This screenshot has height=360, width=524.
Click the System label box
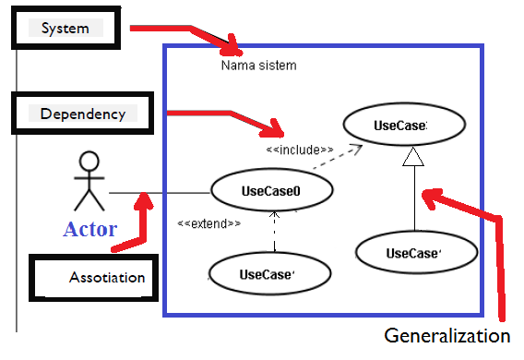click(65, 29)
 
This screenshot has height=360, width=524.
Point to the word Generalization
click(447, 335)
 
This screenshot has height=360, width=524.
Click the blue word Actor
click(89, 228)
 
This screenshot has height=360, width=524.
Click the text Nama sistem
click(258, 66)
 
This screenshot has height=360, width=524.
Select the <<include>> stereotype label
click(299, 150)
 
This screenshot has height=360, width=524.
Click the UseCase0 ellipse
click(271, 191)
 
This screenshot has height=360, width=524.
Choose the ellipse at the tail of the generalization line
click(415, 253)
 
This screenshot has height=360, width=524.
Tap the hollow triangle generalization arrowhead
click(413, 159)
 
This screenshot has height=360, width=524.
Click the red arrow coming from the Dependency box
click(221, 116)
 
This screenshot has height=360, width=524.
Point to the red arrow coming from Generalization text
click(489, 240)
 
